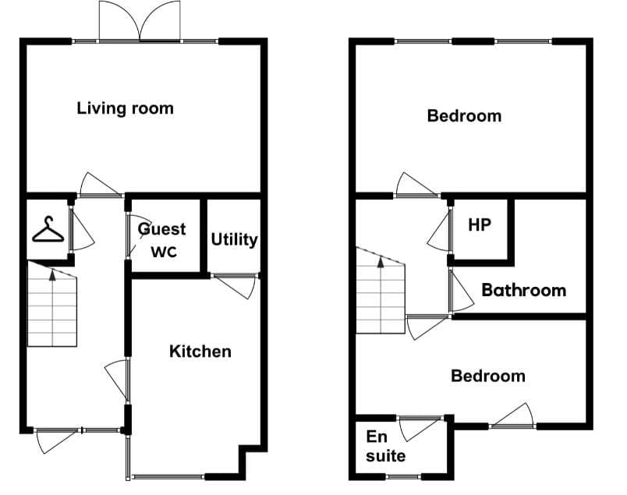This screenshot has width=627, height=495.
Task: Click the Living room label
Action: [125, 108]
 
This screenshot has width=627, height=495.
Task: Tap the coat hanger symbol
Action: [48, 229]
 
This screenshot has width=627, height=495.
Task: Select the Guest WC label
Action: [162, 240]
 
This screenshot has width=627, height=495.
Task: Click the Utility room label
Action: [234, 239]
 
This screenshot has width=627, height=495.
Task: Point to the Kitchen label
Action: [200, 352]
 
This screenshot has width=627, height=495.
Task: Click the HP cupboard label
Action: [480, 225]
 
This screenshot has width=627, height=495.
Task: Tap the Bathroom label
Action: [524, 290]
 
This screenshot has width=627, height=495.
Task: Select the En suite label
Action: [385, 446]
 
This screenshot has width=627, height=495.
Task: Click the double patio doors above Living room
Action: [140, 21]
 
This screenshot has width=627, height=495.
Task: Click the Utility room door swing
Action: [236, 286]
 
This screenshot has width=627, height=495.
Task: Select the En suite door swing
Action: [419, 430]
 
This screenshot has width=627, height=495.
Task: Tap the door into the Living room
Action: [100, 185]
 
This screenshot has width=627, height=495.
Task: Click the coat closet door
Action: [83, 230]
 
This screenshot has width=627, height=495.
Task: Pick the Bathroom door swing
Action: [462, 291]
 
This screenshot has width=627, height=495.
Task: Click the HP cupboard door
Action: [439, 230]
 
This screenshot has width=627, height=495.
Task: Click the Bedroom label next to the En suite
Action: [488, 376]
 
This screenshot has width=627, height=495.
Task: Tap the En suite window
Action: [403, 476]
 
